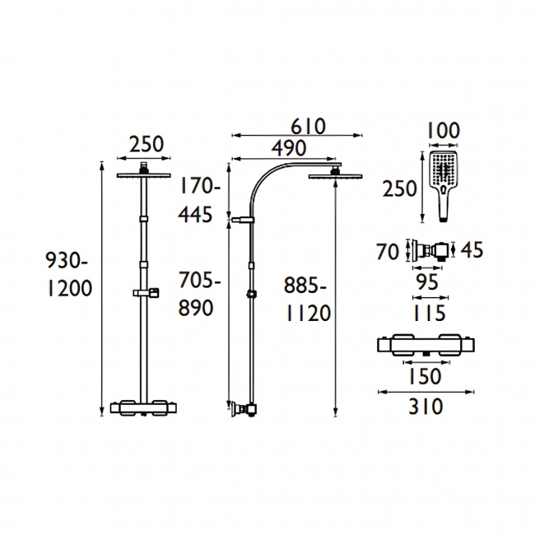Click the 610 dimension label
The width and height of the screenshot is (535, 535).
click(308, 127)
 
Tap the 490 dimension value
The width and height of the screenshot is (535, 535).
click(289, 148)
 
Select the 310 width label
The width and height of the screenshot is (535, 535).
click(426, 407)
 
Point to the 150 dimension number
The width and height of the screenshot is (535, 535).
click(425, 377)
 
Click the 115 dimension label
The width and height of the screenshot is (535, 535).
click(429, 313)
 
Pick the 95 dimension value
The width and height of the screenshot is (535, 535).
click(428, 282)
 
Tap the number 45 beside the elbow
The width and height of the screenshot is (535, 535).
click(472, 249)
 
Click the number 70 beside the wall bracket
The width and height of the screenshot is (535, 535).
click(388, 252)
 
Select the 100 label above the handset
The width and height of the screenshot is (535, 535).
click(444, 130)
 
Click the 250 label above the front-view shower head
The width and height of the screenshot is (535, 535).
click(147, 144)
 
